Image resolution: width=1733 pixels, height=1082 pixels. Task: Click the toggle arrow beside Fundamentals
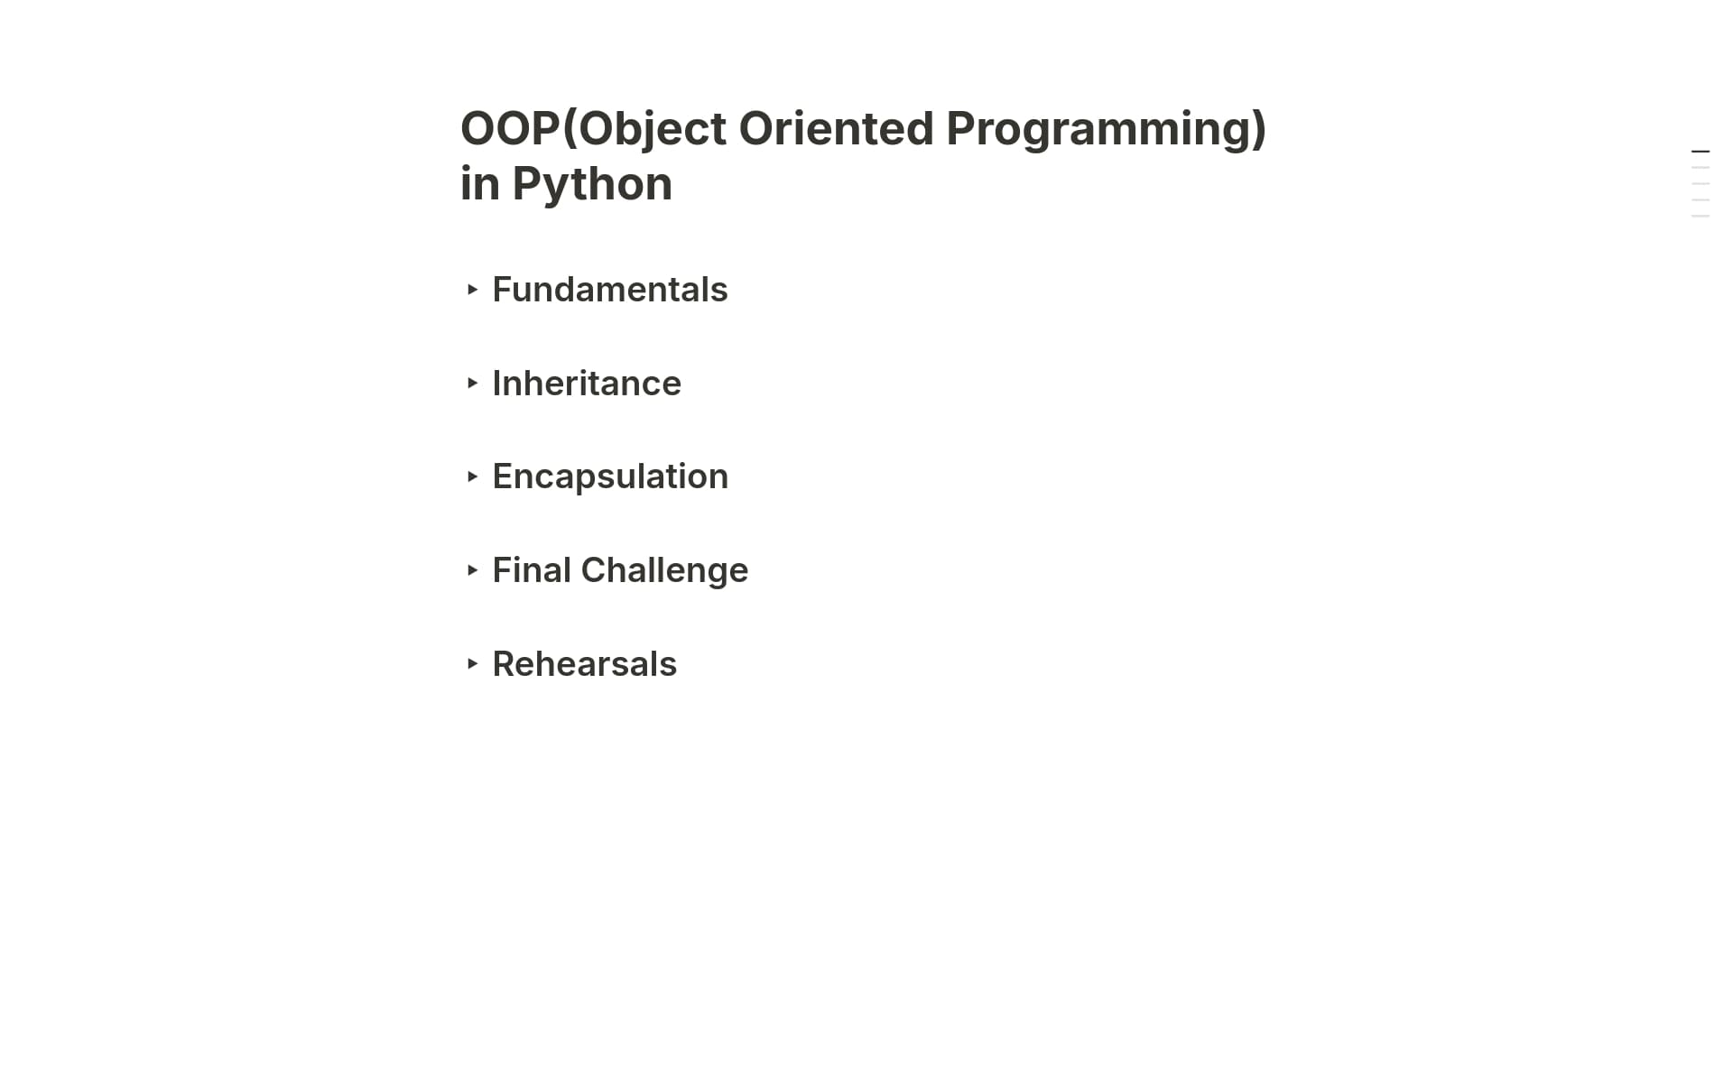[x=472, y=290]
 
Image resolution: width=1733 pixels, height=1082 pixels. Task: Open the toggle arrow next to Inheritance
[x=472, y=384]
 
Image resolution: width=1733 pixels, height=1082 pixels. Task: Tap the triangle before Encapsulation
[x=472, y=476]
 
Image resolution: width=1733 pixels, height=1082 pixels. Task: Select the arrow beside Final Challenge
[x=472, y=570]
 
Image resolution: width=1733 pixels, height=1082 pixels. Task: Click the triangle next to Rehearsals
[x=472, y=664]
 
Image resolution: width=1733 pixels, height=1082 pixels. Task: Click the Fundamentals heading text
[x=609, y=290]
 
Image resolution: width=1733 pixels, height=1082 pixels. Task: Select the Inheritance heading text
[x=587, y=384]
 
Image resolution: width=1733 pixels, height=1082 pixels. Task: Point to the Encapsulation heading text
[x=610, y=476]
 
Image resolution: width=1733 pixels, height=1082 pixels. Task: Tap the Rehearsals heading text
[x=584, y=664]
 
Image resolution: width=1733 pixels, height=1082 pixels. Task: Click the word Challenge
[x=664, y=570]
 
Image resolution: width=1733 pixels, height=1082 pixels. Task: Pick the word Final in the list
[x=531, y=570]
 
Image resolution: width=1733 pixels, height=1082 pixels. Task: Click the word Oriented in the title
[x=836, y=128]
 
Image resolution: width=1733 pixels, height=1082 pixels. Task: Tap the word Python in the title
[x=592, y=184]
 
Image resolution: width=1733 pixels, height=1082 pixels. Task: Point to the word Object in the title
[x=653, y=128]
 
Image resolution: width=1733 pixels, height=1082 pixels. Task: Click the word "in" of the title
[x=479, y=184]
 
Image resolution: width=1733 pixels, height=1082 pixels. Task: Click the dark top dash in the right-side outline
[x=1701, y=152]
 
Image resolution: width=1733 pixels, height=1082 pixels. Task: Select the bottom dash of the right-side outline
[x=1701, y=217]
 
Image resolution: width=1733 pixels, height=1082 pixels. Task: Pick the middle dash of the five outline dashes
[x=1701, y=184]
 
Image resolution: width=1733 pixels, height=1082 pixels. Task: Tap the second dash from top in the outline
[x=1701, y=168]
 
